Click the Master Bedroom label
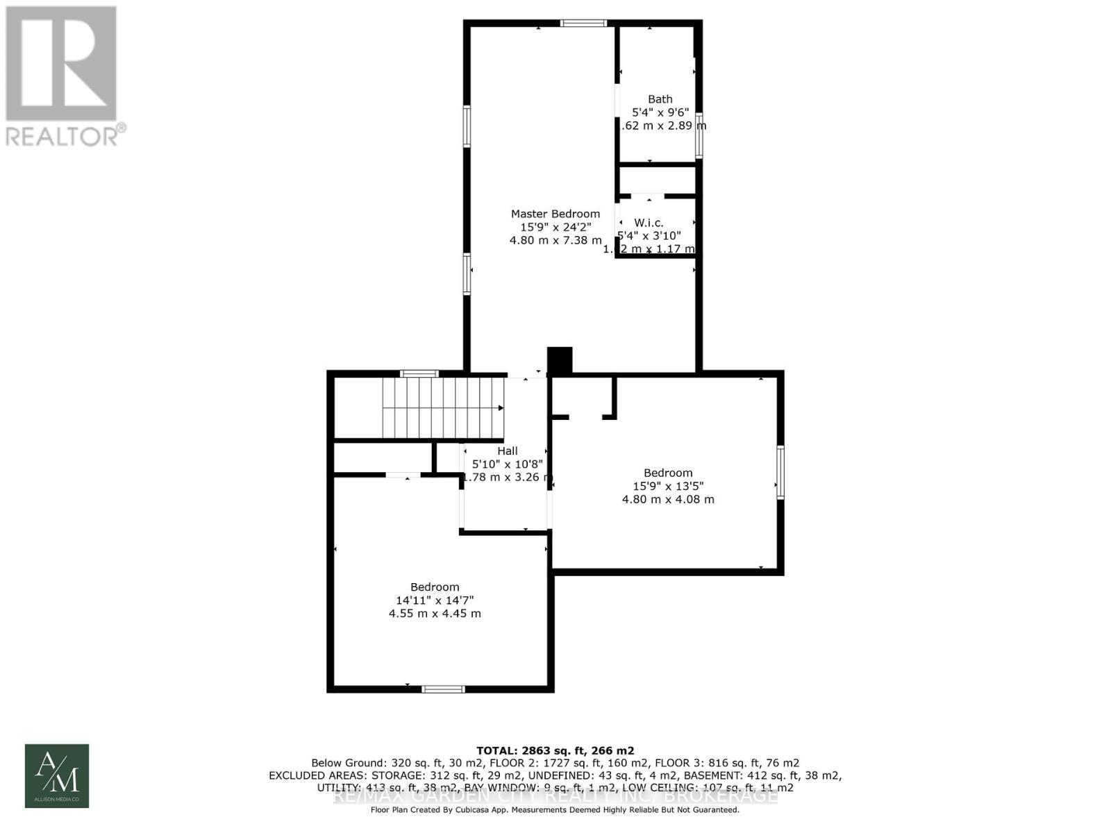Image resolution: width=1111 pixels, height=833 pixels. (555, 214)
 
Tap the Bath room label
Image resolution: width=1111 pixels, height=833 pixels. (660, 99)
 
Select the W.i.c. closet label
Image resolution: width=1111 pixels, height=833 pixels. (649, 223)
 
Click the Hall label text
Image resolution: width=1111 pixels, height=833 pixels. (507, 451)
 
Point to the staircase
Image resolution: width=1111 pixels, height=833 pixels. (442, 408)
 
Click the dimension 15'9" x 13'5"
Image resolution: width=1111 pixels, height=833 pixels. (667, 486)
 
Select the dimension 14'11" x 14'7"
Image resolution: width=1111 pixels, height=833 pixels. (434, 600)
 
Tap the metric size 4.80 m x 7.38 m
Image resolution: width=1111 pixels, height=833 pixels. (555, 240)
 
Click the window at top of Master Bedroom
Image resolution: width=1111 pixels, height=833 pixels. (583, 24)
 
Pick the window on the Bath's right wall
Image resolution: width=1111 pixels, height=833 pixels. (699, 135)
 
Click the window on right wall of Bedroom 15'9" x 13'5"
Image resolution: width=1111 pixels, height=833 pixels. (780, 472)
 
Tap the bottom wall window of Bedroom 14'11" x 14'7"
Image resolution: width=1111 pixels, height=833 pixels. (443, 689)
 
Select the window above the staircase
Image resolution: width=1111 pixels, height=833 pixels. (419, 374)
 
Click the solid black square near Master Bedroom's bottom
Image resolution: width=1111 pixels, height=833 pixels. (560, 360)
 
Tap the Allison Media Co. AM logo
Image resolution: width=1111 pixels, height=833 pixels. (57, 775)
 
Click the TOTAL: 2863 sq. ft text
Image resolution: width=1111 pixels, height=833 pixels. (555, 750)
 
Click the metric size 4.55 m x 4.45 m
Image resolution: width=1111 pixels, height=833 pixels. (434, 614)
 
